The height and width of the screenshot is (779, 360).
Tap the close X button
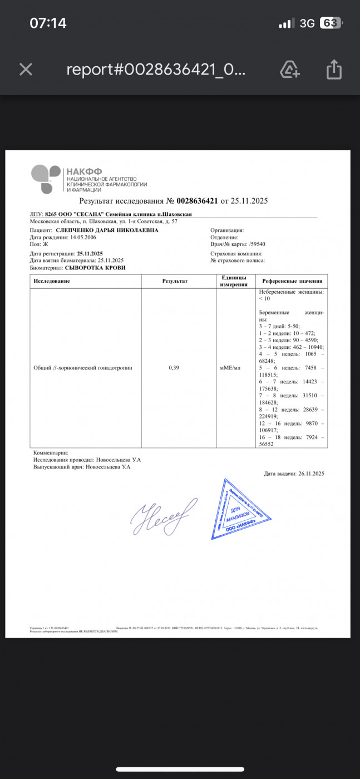[x=26, y=70]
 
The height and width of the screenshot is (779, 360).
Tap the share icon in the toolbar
[x=333, y=70]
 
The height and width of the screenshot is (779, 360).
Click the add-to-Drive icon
[x=290, y=70]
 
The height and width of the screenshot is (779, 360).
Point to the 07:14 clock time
[x=48, y=23]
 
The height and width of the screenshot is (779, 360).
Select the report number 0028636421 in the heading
[x=197, y=201]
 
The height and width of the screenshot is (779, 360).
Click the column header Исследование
[x=52, y=281]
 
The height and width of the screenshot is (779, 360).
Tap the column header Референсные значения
[x=291, y=281]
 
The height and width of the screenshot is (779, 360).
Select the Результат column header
[x=175, y=281]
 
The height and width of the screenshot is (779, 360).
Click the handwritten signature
[x=164, y=516]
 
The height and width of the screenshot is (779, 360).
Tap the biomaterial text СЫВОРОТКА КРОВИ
[x=95, y=268]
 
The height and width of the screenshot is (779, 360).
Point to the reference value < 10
[x=264, y=299]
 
